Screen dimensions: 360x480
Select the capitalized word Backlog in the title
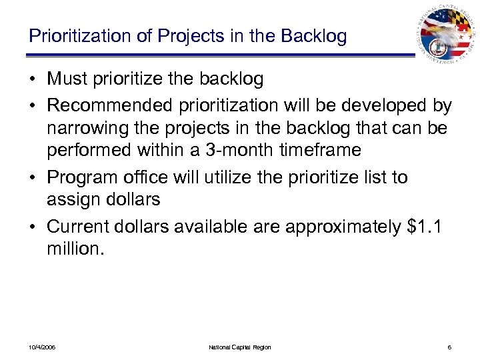pyautogui.click(x=313, y=36)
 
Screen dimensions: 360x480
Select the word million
pyautogui.click(x=75, y=249)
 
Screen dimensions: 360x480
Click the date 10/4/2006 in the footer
pyautogui.click(x=42, y=347)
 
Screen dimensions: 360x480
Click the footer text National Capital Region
pyautogui.click(x=240, y=347)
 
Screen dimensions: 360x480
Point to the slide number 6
pyautogui.click(x=450, y=347)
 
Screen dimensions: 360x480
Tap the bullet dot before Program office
pyautogui.click(x=34, y=178)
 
